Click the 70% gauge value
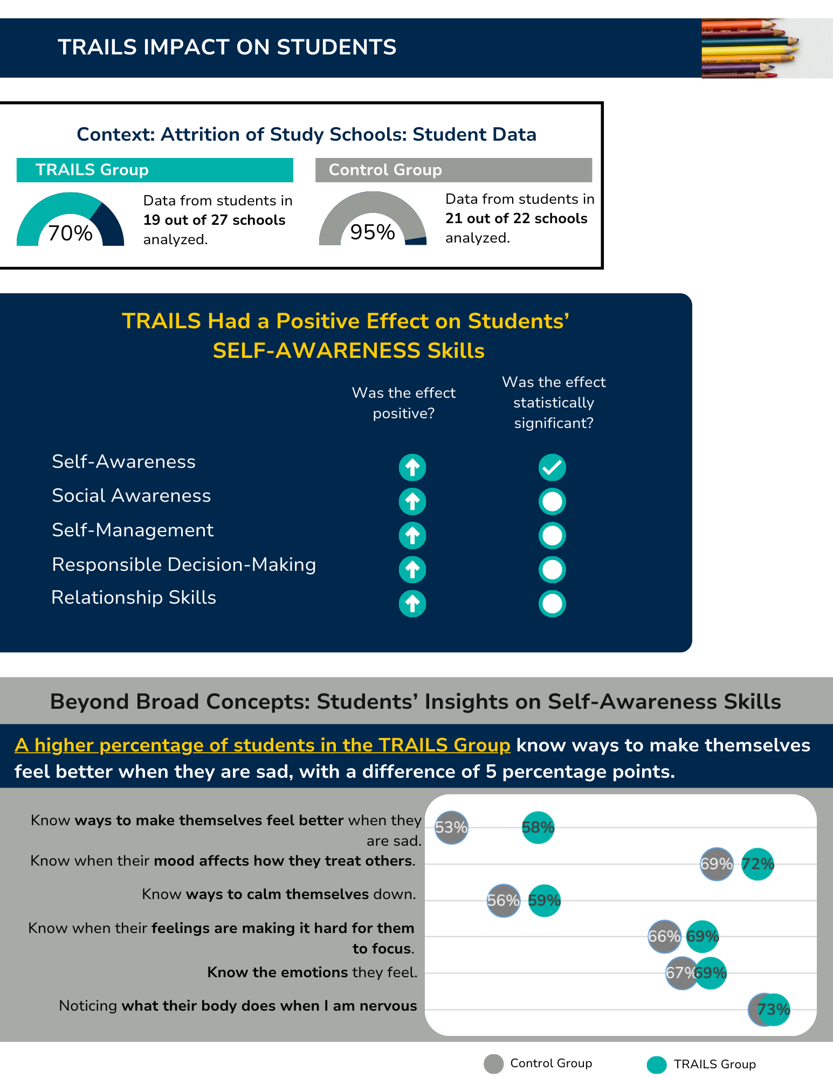click(x=70, y=233)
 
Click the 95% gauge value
click(x=373, y=232)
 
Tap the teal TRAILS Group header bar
click(x=155, y=170)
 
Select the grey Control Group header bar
click(x=453, y=170)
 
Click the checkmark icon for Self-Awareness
click(x=552, y=467)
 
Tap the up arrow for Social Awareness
click(x=412, y=501)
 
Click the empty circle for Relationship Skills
click(x=552, y=604)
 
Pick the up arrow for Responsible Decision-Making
click(x=412, y=570)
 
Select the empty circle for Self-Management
click(x=552, y=536)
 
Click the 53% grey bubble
click(x=451, y=827)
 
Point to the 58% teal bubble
click(x=538, y=827)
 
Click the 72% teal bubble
click(x=758, y=864)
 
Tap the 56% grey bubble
click(x=504, y=900)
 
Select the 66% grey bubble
click(x=664, y=936)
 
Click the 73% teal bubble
click(x=774, y=1010)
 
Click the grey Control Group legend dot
click(x=493, y=1064)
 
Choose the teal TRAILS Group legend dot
click(x=657, y=1065)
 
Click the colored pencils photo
click(x=767, y=49)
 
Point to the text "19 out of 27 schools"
click(x=214, y=220)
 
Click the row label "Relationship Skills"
click(x=134, y=598)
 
